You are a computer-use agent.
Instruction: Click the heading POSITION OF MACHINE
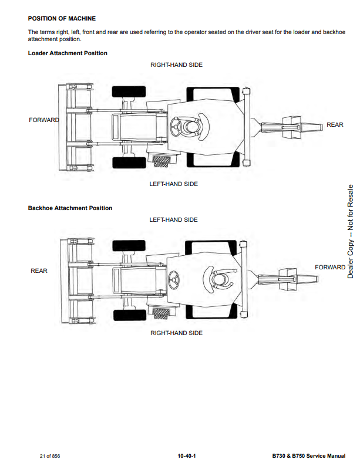(62, 19)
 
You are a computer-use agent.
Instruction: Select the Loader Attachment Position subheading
(68, 53)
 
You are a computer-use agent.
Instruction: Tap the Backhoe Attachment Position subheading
(70, 208)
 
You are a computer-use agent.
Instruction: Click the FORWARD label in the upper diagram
(44, 120)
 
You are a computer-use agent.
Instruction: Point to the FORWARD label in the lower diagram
(330, 268)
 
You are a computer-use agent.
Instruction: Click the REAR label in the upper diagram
(335, 125)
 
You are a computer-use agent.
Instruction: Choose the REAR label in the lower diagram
(39, 271)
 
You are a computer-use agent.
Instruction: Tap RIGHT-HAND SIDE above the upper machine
(176, 65)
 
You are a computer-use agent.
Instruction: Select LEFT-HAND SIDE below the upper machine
(173, 184)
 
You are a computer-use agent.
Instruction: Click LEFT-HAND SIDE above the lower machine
(173, 220)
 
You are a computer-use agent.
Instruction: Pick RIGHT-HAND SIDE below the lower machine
(176, 333)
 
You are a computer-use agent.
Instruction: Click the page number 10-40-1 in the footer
(186, 455)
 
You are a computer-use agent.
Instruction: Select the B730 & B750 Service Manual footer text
(308, 455)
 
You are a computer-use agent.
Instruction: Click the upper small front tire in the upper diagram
(129, 92)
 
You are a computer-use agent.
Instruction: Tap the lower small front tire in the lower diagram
(130, 315)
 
